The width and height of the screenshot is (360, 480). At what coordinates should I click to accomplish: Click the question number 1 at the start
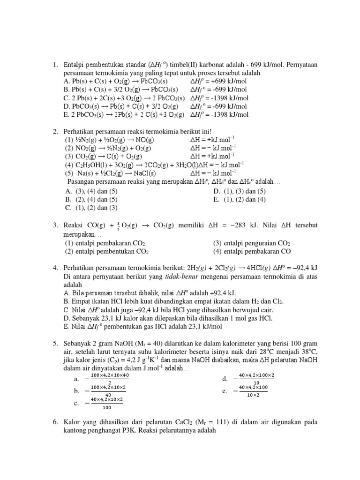tap(55, 66)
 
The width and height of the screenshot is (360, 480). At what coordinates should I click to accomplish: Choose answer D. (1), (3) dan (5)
tap(239, 191)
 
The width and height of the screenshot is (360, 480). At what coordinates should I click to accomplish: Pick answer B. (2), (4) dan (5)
tap(91, 199)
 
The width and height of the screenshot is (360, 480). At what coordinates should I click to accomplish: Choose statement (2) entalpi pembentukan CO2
tap(107, 251)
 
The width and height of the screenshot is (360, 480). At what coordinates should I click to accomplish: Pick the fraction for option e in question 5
tap(253, 390)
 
